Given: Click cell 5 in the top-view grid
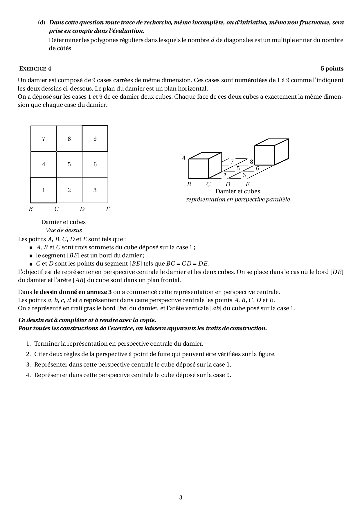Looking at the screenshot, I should (69, 164).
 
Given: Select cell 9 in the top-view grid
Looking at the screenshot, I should (95, 139).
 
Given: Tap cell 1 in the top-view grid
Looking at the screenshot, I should (44, 190).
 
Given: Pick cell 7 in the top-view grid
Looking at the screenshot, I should (44, 139).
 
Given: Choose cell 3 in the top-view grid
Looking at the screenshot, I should (95, 190).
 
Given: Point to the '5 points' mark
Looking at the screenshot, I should (332, 69).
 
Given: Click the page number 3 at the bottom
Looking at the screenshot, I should (181, 497).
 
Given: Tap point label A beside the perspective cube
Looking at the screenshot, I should (183, 158).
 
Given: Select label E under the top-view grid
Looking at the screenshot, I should (108, 209).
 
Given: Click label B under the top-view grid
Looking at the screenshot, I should (30, 209).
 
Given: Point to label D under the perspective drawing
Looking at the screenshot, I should (228, 184).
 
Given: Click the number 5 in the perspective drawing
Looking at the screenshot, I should (238, 169).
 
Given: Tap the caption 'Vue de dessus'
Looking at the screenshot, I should (64, 230).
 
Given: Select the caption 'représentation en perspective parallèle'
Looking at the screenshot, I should (238, 199).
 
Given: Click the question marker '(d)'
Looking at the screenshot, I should (42, 22).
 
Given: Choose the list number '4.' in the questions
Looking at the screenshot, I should (28, 375).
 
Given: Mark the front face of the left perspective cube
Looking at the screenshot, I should (199, 169).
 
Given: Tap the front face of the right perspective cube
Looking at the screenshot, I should (264, 155).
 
